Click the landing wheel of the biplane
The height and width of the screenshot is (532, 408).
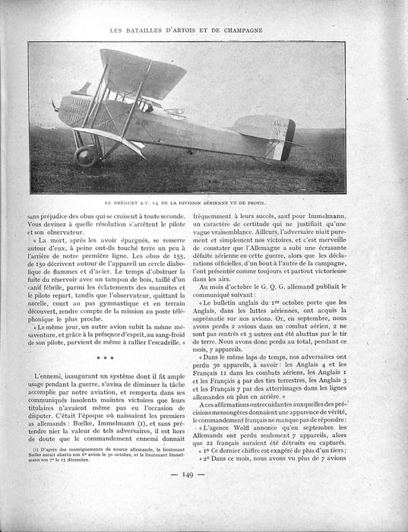pos(85,156)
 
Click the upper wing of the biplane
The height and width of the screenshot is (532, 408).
pos(144,68)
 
